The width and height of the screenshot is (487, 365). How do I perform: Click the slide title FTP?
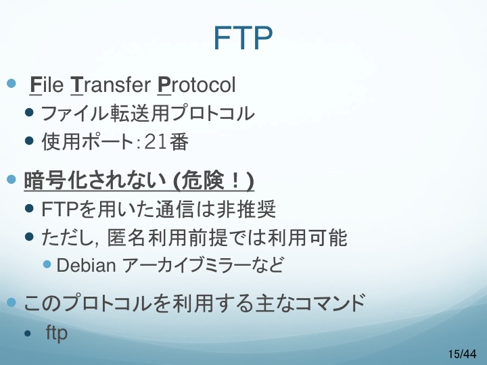(243, 38)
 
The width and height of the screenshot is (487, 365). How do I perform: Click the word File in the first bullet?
(47, 84)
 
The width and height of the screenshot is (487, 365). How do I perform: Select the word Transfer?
(110, 84)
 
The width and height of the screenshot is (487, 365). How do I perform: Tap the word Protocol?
(197, 84)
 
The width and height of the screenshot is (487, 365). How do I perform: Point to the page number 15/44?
(462, 354)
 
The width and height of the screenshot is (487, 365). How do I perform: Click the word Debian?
(87, 266)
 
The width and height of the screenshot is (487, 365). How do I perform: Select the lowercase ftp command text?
(57, 333)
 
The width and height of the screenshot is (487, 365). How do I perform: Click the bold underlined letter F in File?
(35, 84)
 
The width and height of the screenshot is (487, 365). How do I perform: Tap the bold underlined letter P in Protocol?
(164, 84)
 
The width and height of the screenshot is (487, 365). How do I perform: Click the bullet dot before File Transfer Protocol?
(11, 83)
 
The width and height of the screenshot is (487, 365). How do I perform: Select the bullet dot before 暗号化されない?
(11, 179)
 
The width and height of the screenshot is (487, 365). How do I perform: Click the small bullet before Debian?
(47, 264)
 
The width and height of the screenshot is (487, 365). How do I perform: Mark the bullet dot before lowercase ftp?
(28, 334)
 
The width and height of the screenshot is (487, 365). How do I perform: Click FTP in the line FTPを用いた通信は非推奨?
(59, 209)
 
